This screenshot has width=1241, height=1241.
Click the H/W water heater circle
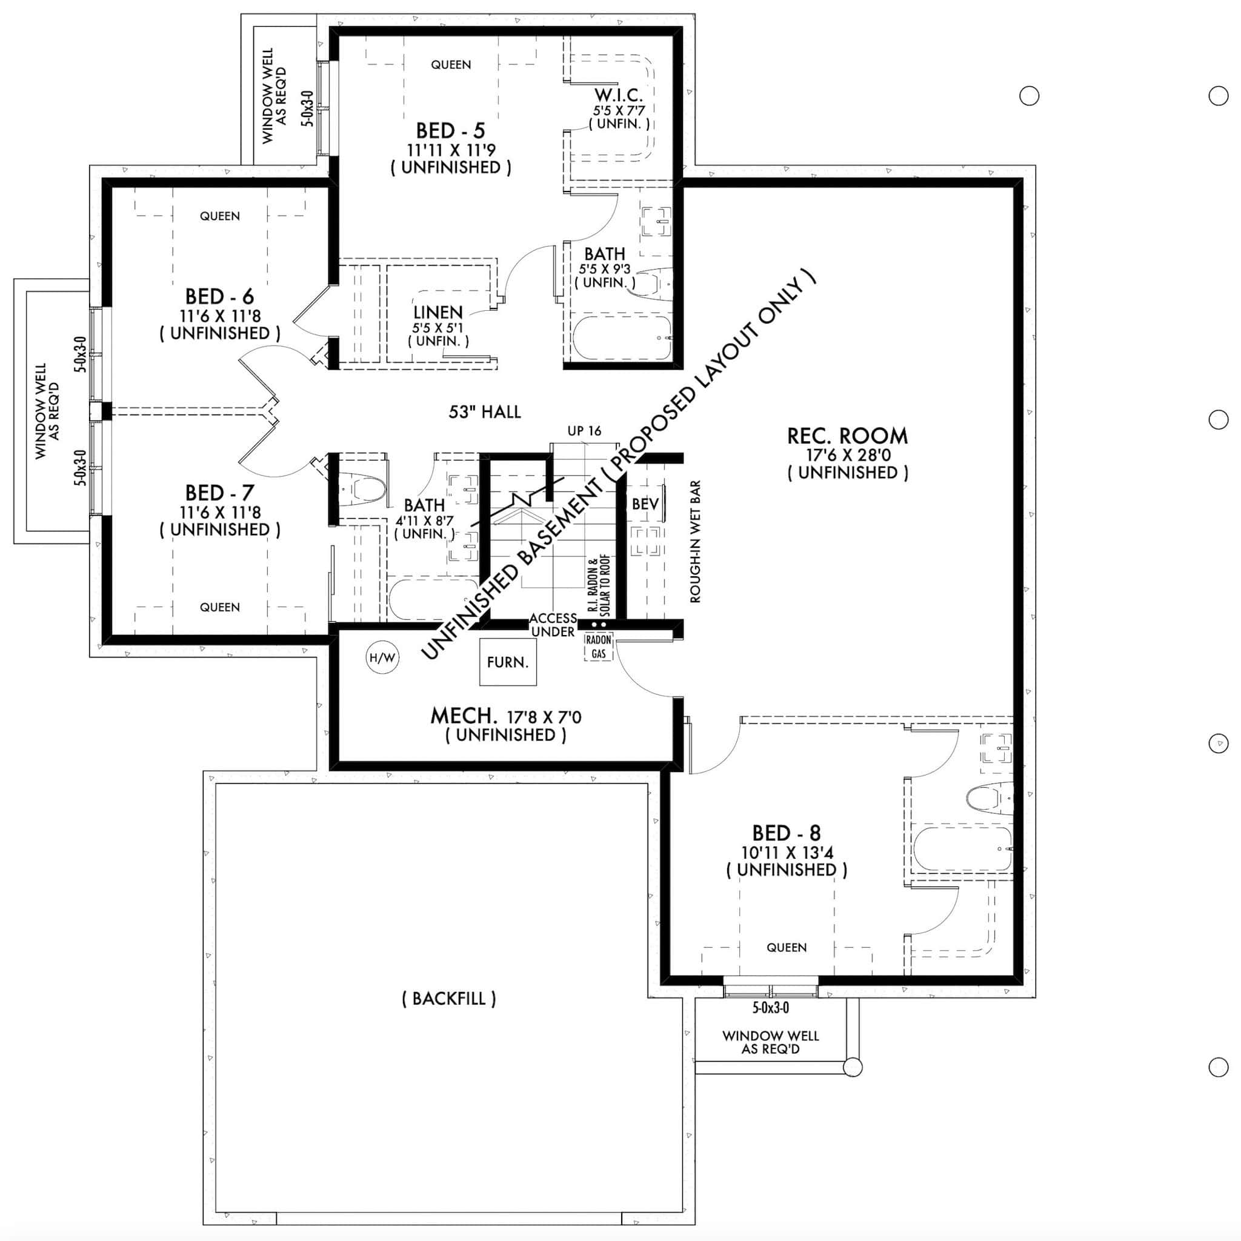[x=382, y=657]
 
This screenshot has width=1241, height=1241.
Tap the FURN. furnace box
[x=507, y=662]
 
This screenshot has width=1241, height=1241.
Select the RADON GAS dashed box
[x=598, y=647]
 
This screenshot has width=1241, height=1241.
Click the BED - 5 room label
[x=450, y=131]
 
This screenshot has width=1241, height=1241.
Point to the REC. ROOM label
[x=847, y=436]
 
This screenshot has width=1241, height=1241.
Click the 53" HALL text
[x=484, y=411]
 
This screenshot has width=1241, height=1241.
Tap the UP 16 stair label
[x=584, y=431]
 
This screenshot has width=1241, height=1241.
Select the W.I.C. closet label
[x=619, y=96]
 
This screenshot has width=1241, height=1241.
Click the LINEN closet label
[x=438, y=313]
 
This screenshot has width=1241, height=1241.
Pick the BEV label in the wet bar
[x=645, y=504]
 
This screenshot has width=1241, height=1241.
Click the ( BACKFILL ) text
[x=449, y=998]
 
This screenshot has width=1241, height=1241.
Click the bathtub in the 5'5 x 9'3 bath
[x=621, y=338]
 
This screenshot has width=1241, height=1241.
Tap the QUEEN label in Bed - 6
[x=220, y=216]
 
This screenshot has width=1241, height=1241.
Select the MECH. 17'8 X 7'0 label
[x=505, y=716]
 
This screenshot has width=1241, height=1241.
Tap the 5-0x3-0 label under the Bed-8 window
[x=770, y=1008]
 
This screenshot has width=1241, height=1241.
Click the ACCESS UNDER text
[x=553, y=625]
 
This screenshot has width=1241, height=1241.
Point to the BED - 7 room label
[x=220, y=493]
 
